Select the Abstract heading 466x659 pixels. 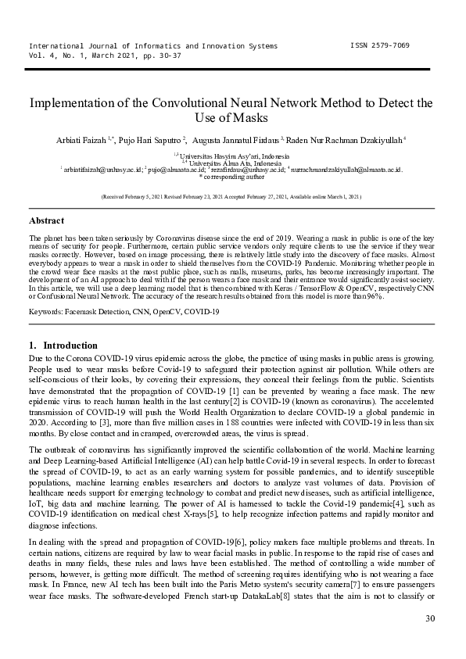click(x=47, y=221)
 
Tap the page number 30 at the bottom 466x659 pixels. click(x=429, y=619)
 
